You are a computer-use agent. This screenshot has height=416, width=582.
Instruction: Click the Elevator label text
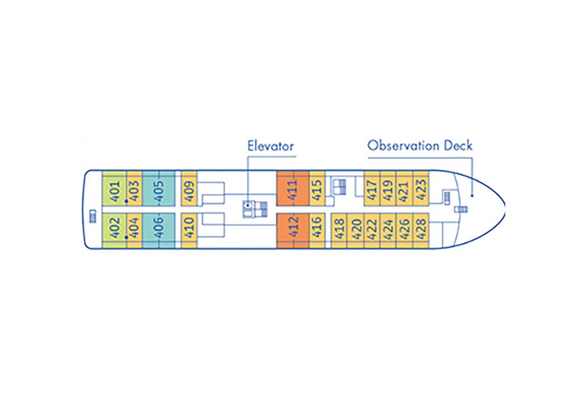[x=271, y=146]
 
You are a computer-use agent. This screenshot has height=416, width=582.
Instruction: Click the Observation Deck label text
[x=419, y=145]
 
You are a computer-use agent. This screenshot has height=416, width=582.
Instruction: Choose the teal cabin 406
[x=159, y=229]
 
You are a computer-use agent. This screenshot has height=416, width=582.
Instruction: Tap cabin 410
[x=189, y=229]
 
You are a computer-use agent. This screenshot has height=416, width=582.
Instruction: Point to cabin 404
[x=134, y=229]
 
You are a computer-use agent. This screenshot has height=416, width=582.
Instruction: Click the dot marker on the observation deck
[x=472, y=195]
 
